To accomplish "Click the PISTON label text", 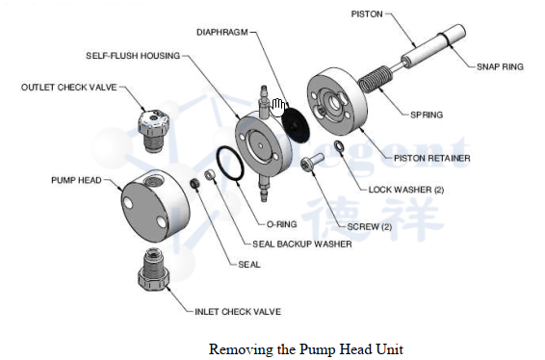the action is pyautogui.click(x=367, y=14).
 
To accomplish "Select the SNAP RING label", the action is pyautogui.click(x=500, y=66).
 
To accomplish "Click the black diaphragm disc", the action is pyautogui.click(x=295, y=124).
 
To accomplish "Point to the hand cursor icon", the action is pyautogui.click(x=277, y=108).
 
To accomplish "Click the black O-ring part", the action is pyautogui.click(x=229, y=164).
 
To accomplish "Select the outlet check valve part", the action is pyautogui.click(x=153, y=131).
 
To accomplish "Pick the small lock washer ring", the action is pyautogui.click(x=339, y=146).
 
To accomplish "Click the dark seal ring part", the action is pyautogui.click(x=195, y=184).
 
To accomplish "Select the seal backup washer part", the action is pyautogui.click(x=210, y=175).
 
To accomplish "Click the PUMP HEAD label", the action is pyautogui.click(x=76, y=180).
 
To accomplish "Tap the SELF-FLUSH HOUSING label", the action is pyautogui.click(x=133, y=56).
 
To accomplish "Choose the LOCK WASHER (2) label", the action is pyautogui.click(x=406, y=190).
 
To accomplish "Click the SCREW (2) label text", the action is pyautogui.click(x=370, y=227).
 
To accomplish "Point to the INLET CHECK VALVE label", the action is pyautogui.click(x=238, y=312).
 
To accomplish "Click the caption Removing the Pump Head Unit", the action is pyautogui.click(x=306, y=349).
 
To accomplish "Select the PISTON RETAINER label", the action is pyautogui.click(x=432, y=159).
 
